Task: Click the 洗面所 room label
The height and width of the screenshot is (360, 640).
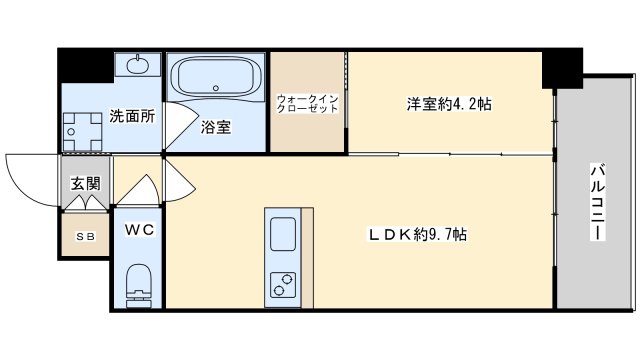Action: [132, 116]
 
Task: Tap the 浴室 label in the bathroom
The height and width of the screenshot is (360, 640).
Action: [216, 127]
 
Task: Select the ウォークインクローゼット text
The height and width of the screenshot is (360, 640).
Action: [308, 104]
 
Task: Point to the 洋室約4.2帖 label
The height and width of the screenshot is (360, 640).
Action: [449, 104]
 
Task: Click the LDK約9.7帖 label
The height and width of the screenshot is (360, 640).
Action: [418, 234]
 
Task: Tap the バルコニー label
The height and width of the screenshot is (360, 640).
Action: [597, 202]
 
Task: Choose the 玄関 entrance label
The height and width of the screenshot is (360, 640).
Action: [85, 183]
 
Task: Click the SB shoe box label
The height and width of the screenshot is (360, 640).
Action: [86, 236]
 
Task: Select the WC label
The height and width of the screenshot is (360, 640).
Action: [139, 229]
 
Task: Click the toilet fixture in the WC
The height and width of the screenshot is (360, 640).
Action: [138, 286]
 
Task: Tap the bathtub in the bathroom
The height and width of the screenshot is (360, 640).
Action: [216, 76]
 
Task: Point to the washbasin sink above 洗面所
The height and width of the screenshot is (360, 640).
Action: [138, 64]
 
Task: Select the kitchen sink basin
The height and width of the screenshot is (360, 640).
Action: [282, 233]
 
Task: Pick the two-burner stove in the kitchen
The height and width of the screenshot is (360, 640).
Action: [282, 284]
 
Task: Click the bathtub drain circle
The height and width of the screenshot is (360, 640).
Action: [216, 88]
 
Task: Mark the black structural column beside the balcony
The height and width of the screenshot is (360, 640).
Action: [562, 68]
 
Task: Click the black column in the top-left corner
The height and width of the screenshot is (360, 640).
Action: [85, 65]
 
